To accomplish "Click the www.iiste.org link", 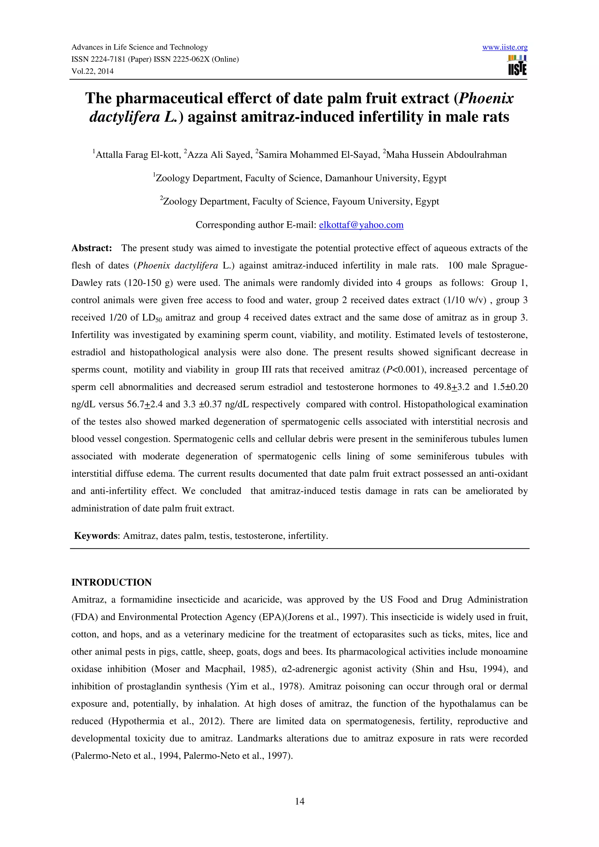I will click(505, 47).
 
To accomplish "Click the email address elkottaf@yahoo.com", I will click(361, 225).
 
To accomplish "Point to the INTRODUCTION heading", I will click(111, 582).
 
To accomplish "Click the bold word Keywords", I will click(95, 536).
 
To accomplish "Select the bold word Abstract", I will click(92, 248).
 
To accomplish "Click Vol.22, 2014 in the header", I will click(92, 71).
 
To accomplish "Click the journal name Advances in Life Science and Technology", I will click(140, 47).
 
